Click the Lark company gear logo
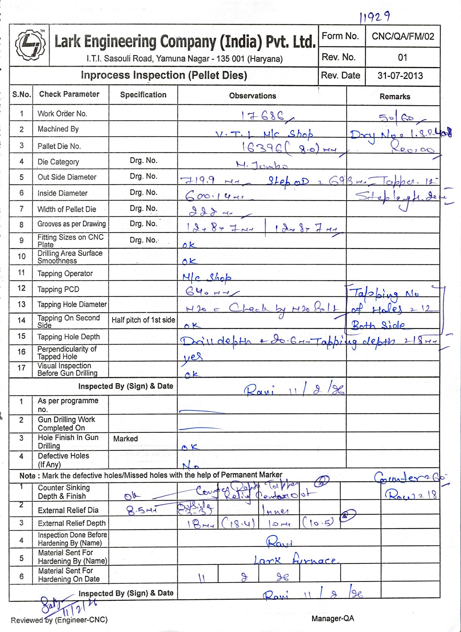[29, 45]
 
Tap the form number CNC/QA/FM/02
[402, 37]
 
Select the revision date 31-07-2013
[400, 76]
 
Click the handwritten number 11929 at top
[375, 18]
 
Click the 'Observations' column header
[253, 96]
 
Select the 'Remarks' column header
[395, 97]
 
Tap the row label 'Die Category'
[58, 162]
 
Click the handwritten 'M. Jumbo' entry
[262, 165]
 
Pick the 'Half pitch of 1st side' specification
[143, 320]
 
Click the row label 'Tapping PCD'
[58, 289]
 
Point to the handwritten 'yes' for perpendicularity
[192, 356]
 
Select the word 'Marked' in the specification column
[125, 439]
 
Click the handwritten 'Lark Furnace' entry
[294, 560]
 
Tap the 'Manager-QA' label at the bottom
[332, 619]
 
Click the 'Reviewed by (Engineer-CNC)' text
[59, 620]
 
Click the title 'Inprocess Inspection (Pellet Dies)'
[164, 75]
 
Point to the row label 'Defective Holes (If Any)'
[63, 460]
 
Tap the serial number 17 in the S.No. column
[21, 368]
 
